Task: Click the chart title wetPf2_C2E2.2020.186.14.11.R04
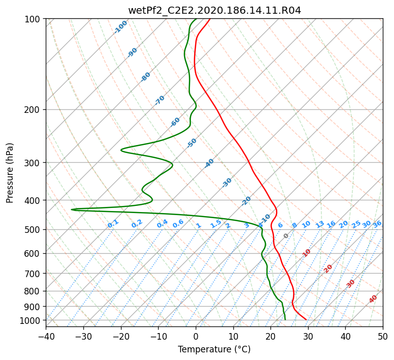click(215, 11)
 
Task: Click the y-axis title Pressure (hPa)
click(10, 173)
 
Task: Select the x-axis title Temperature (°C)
click(215, 349)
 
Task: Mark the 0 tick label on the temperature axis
click(196, 336)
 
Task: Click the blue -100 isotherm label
click(120, 27)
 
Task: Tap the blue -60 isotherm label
click(175, 122)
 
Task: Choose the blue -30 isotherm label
click(227, 183)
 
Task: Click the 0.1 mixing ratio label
click(113, 224)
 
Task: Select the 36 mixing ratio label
click(377, 224)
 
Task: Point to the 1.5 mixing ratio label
click(216, 224)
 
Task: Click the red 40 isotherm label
click(373, 299)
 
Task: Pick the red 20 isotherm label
click(328, 269)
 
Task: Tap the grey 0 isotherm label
click(286, 235)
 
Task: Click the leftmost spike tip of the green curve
click(72, 209)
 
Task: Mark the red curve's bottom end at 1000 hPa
click(306, 319)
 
